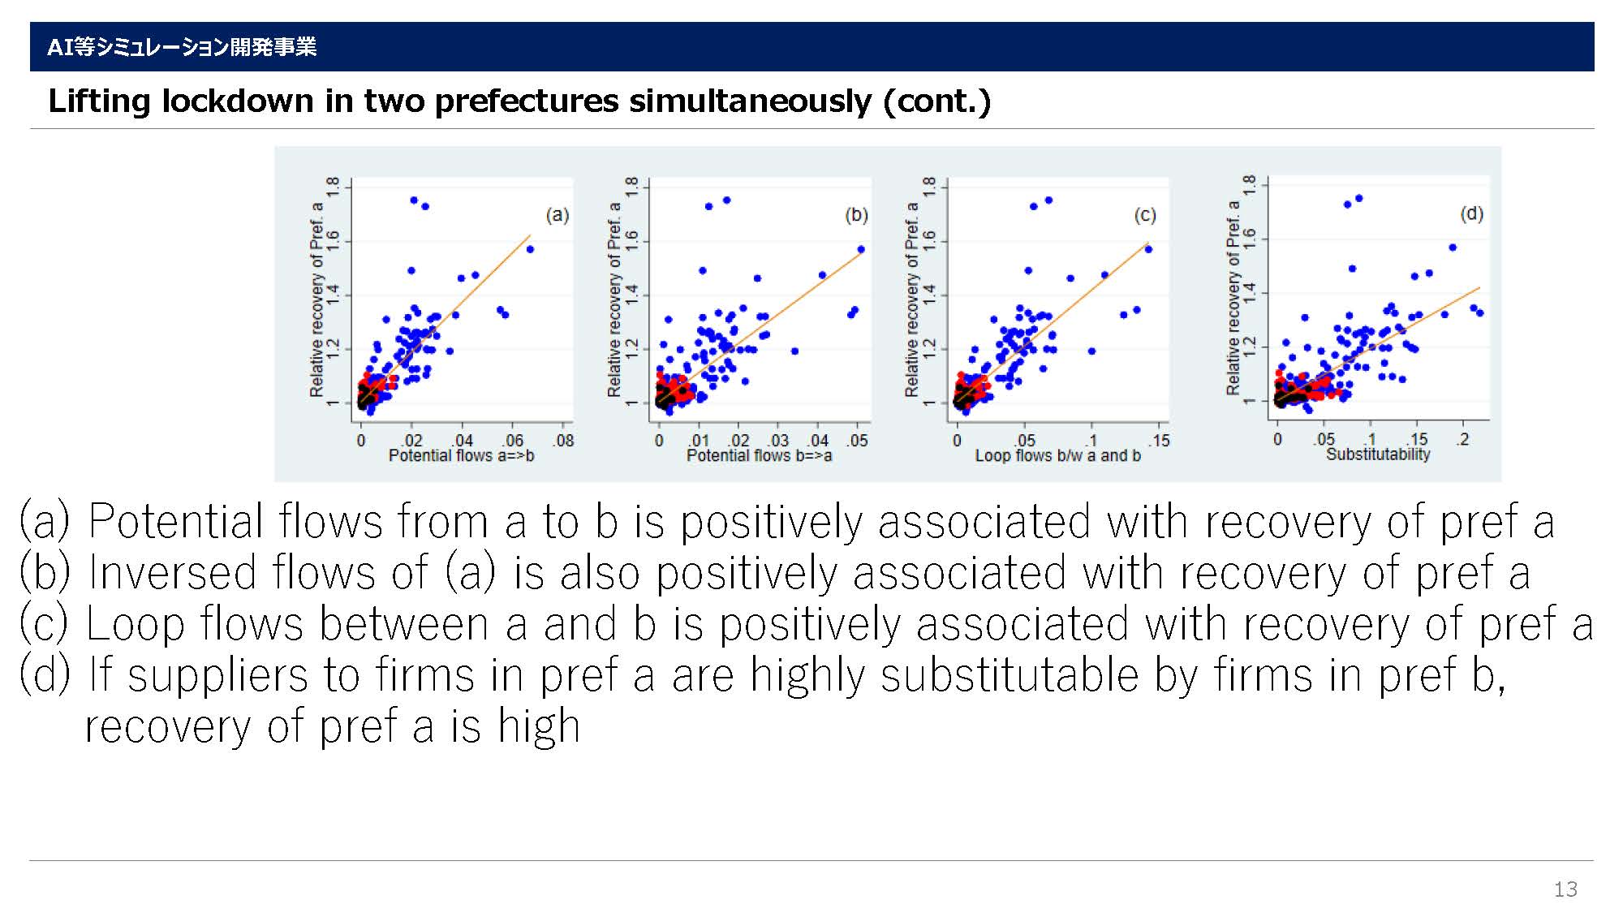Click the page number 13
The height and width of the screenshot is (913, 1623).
[x=1565, y=889]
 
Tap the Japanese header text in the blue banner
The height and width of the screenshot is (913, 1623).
[x=182, y=47]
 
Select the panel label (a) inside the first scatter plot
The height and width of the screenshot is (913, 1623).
[x=557, y=215]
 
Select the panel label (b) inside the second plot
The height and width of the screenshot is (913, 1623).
[x=856, y=215]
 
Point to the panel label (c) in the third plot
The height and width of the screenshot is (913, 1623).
[x=1144, y=215]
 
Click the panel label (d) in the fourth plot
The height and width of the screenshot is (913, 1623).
[x=1471, y=213]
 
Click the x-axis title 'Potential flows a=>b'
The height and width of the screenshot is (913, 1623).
[x=461, y=456]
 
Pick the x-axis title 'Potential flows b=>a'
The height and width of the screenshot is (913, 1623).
[x=759, y=456]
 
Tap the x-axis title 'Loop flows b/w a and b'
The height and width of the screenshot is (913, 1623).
[x=1057, y=456]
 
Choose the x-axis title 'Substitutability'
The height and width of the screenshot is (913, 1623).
[x=1378, y=454]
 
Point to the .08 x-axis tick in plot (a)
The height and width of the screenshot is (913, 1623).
[x=563, y=441]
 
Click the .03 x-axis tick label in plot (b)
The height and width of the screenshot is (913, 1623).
[x=778, y=441]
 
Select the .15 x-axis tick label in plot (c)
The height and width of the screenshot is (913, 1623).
[x=1159, y=441]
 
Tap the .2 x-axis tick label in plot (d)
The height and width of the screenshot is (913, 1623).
[x=1462, y=439]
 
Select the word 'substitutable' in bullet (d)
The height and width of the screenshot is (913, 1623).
[x=1010, y=676]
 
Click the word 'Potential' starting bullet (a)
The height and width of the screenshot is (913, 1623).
[x=175, y=522]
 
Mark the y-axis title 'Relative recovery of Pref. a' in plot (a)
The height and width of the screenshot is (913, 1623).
[x=316, y=299]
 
